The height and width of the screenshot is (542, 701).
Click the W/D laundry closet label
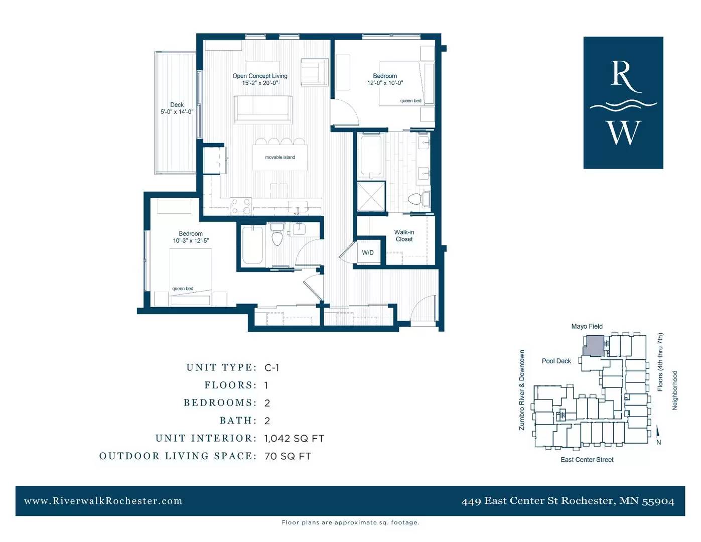(367, 252)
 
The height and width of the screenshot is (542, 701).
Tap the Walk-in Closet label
(404, 235)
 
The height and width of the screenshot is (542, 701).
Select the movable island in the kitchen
(279, 157)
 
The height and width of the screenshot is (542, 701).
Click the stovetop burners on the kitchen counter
(241, 206)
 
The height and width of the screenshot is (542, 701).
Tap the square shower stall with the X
(371, 197)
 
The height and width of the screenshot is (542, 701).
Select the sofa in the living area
(263, 110)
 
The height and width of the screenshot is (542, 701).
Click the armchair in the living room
(314, 72)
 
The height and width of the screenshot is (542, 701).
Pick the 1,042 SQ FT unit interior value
(294, 439)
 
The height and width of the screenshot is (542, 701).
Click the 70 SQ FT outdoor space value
(288, 456)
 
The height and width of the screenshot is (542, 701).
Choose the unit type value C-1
(271, 368)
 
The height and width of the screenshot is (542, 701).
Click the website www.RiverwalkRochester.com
(103, 501)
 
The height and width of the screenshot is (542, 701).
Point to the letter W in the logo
(624, 132)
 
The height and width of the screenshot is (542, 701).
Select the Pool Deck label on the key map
(556, 361)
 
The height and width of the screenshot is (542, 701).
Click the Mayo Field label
(587, 326)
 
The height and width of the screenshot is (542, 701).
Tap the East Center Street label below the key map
(587, 459)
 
